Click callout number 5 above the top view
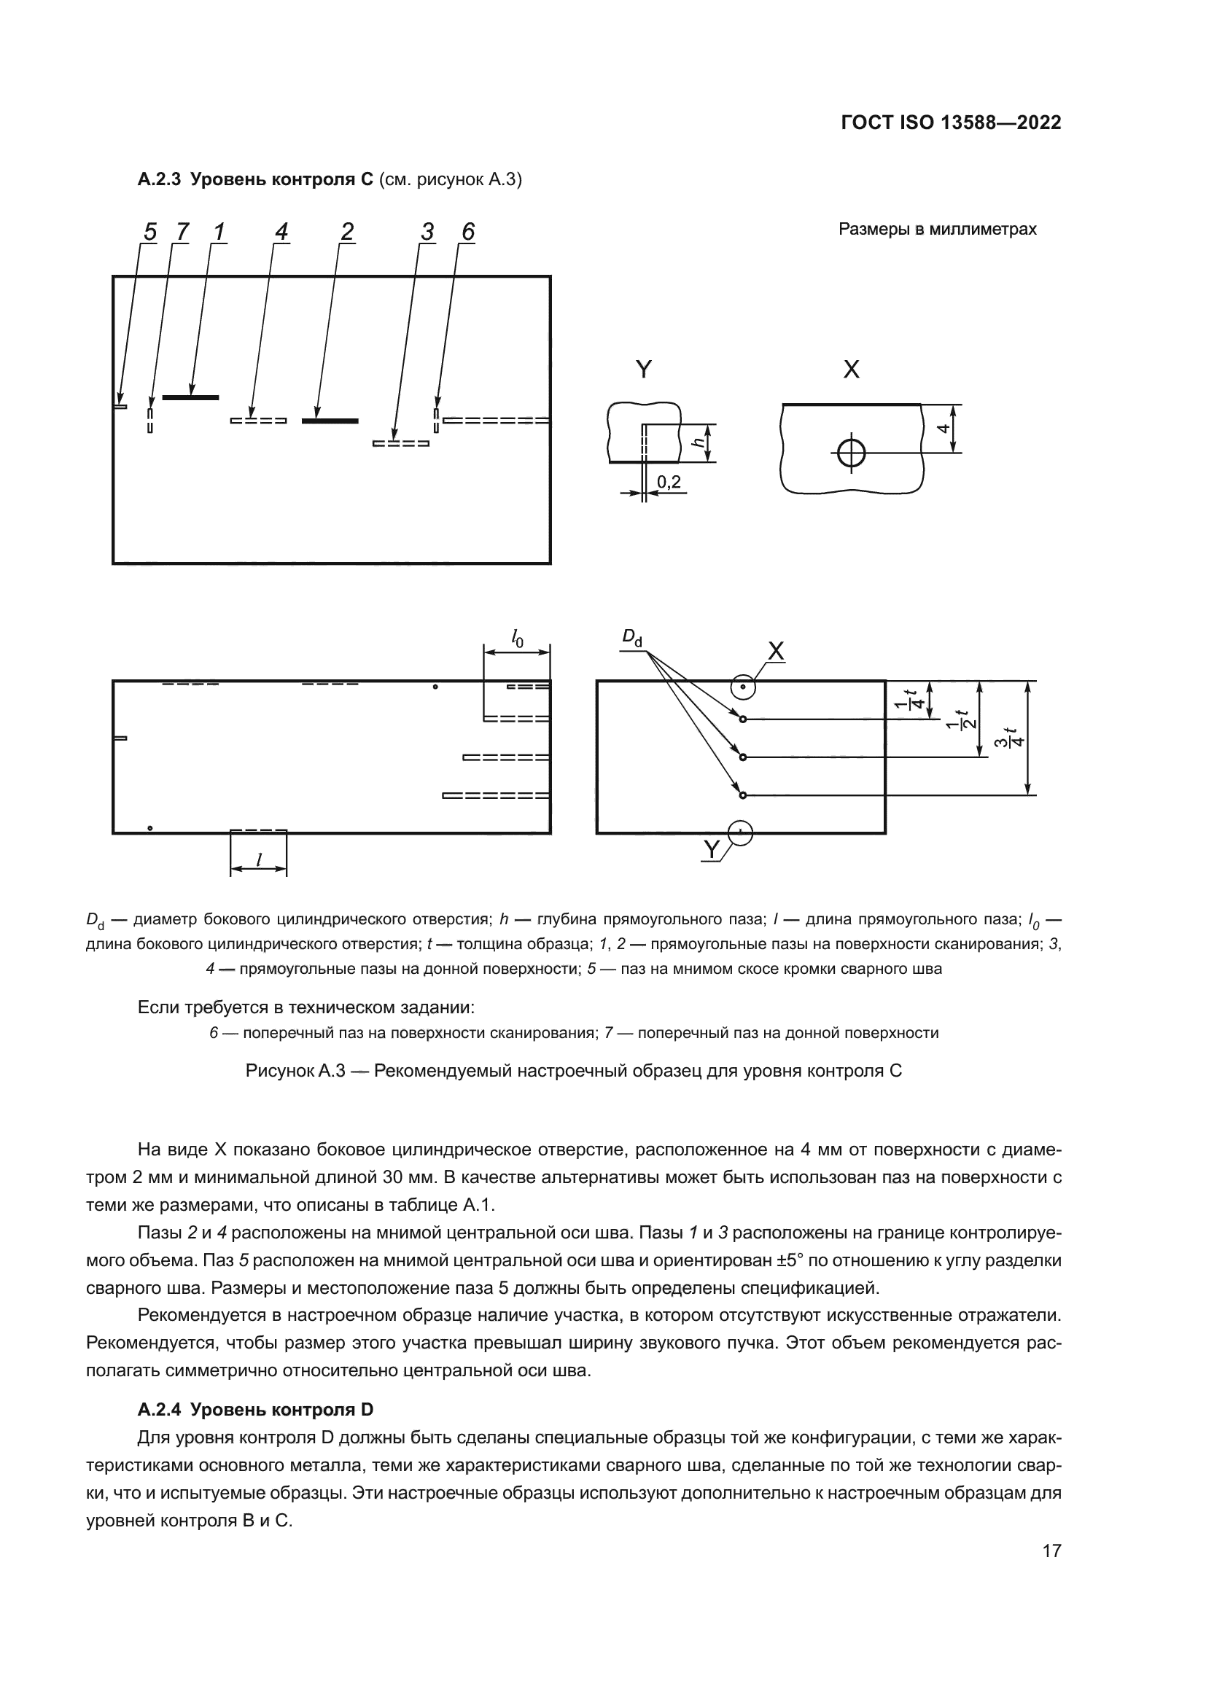pos(150,233)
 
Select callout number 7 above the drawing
pos(182,233)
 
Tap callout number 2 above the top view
pos(347,233)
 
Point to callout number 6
pos(467,233)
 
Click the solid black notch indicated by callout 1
pos(190,398)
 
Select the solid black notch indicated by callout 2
pos(330,421)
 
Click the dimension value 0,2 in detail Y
pos(669,483)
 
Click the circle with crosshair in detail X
pos(851,452)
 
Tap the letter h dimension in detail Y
pos(698,442)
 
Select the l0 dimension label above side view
pos(517,637)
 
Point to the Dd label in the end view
pos(631,638)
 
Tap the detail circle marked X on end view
pos(742,687)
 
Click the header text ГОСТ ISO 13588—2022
pos(951,123)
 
